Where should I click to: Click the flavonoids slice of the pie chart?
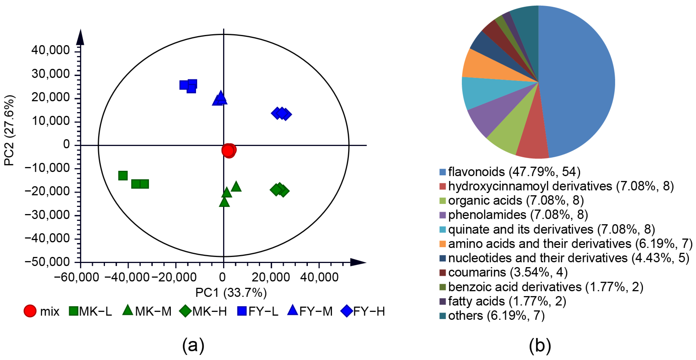coord(578,81)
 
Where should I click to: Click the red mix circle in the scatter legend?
coord(30,311)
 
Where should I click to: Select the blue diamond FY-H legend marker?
coord(347,311)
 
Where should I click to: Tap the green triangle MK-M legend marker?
coord(128,311)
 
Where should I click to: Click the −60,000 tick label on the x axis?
coord(77,277)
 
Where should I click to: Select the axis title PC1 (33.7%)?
coord(231,293)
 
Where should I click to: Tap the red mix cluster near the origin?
coord(229,150)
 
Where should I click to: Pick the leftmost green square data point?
coord(123,175)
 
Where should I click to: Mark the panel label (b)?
coord(540,345)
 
